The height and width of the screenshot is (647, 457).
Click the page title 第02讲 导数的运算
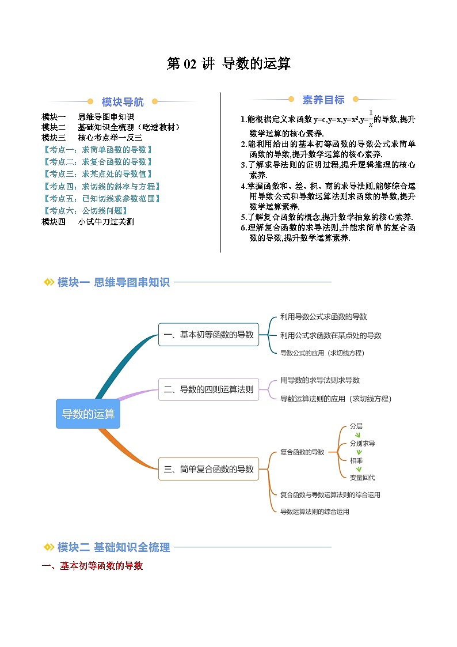tap(228, 64)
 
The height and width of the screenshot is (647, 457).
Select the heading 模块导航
tap(123, 103)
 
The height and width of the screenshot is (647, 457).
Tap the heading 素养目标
tap(323, 100)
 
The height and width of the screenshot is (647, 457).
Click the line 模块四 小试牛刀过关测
tap(88, 222)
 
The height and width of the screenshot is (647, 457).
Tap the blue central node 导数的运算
tap(88, 414)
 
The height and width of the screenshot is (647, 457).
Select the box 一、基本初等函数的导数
tap(208, 334)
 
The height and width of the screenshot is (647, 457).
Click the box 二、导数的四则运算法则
tap(208, 389)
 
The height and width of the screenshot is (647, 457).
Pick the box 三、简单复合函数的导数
tap(208, 469)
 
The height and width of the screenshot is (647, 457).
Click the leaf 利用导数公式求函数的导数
tap(323, 316)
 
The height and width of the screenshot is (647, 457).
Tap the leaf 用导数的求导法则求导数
tap(320, 380)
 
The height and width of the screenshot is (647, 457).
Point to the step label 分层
tap(356, 426)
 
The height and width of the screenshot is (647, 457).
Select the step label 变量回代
tap(362, 477)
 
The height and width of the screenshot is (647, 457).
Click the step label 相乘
tap(356, 460)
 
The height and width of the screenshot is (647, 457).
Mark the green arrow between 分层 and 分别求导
tap(359, 435)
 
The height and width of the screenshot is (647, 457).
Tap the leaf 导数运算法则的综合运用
tap(314, 511)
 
